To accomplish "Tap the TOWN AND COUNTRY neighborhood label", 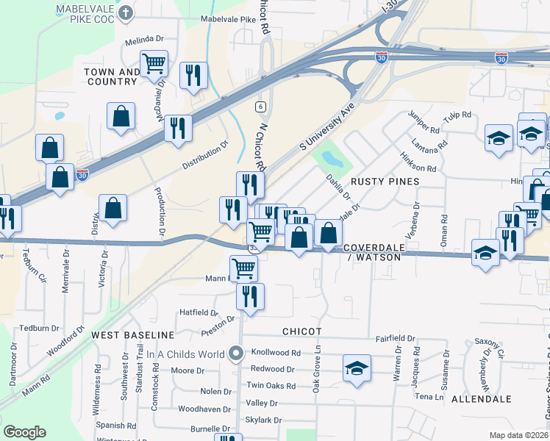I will pos(111,77).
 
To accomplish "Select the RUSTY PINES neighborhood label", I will pos(385,181).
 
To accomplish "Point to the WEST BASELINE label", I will pos(132,335).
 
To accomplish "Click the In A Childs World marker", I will pos(236,354).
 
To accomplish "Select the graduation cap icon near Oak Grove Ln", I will pos(357,367).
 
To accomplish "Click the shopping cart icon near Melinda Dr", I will pos(154,65).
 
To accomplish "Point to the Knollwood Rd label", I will pos(276,353).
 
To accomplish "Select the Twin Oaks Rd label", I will pos(271,386).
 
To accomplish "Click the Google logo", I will pos(24,431).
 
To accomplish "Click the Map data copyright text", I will pos(519,435).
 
